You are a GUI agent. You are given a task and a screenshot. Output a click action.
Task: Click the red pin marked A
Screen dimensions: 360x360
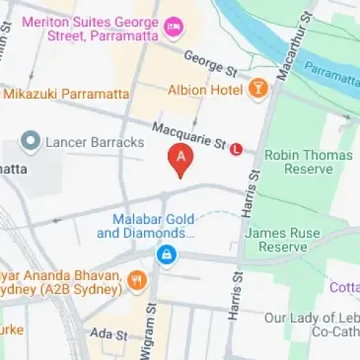180,158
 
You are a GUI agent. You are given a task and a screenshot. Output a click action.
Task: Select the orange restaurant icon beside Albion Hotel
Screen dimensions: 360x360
257,89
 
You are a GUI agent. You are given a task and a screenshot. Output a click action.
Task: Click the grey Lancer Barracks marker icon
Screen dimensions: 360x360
31,143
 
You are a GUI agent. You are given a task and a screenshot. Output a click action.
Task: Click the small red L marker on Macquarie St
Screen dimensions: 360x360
236,150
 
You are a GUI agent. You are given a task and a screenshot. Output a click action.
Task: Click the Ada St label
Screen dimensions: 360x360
108,335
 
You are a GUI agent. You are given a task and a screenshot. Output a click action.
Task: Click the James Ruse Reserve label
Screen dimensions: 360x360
276,240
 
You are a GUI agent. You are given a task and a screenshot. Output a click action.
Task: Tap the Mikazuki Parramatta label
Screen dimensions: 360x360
66,94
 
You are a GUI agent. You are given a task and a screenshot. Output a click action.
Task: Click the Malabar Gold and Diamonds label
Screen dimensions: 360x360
145,226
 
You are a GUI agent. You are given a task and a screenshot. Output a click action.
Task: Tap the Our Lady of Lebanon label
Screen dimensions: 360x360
311,325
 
